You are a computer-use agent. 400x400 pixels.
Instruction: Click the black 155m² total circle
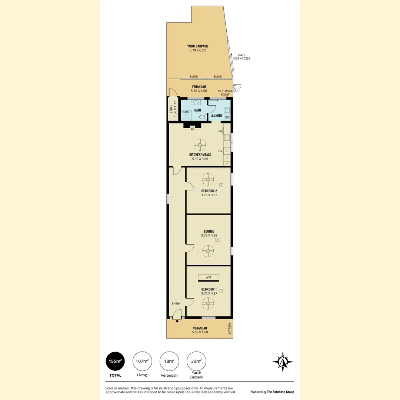click(x=115, y=361)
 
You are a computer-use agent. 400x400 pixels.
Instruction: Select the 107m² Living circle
click(x=142, y=361)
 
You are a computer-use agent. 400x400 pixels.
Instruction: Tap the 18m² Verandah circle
click(x=169, y=361)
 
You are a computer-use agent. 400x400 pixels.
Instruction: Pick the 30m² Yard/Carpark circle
click(x=196, y=361)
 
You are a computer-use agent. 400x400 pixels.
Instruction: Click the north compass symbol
click(x=283, y=361)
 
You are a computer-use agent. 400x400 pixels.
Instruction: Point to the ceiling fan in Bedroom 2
click(x=208, y=180)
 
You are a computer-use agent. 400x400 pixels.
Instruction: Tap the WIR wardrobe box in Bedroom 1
click(x=208, y=277)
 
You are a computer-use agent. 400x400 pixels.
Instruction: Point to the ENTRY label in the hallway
click(x=176, y=304)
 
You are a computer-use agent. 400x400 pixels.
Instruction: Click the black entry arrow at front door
click(x=177, y=321)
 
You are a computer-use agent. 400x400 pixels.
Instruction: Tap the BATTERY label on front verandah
click(x=230, y=329)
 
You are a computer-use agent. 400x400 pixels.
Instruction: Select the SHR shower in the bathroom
click(x=186, y=114)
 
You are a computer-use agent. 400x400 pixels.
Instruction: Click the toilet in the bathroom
click(x=202, y=117)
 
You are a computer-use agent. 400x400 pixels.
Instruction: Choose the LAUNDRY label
click(x=216, y=116)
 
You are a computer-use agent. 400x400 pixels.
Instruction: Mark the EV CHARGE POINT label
click(x=225, y=93)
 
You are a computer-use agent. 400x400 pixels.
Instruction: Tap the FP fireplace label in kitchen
click(x=192, y=130)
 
